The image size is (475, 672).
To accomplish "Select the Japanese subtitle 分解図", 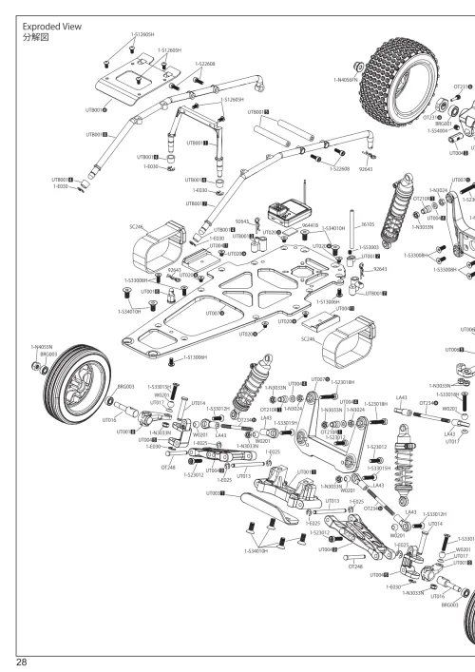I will tap(34, 40).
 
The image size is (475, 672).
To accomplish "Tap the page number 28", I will tap(19, 661).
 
